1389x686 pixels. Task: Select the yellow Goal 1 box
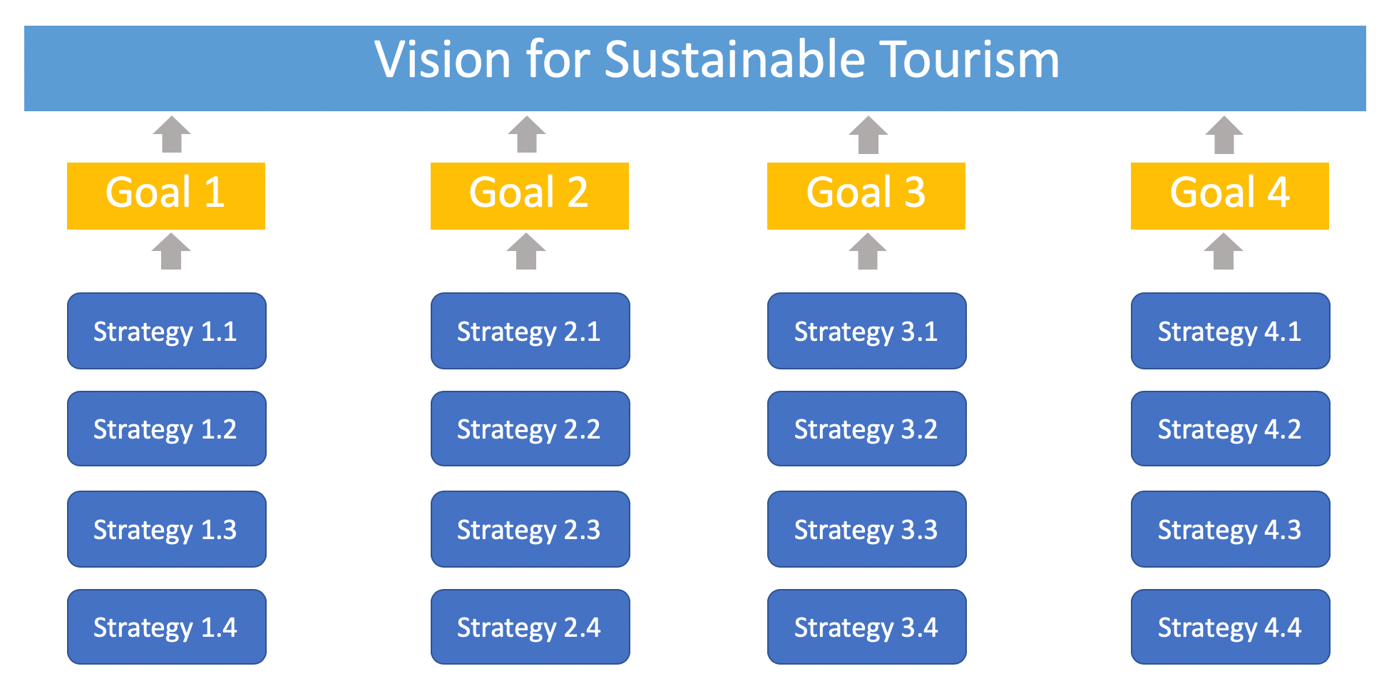coord(166,195)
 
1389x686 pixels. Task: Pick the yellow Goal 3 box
coord(866,195)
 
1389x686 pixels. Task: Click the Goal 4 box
coord(1229,195)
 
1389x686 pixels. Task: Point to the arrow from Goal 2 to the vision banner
coord(527,135)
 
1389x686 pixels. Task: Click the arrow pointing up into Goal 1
coord(171,252)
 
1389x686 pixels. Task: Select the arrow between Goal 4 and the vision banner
coord(1224,135)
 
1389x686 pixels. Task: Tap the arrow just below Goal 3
coord(868,252)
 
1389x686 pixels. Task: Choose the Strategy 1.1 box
coord(166,331)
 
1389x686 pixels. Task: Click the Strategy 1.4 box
coord(166,627)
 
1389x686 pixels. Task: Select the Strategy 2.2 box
coord(530,429)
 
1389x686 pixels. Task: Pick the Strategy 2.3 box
coord(530,529)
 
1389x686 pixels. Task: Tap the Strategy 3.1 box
coord(866,331)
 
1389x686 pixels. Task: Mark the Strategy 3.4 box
coord(866,627)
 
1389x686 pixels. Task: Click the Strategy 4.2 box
coord(1230,429)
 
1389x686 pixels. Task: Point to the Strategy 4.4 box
coord(1230,627)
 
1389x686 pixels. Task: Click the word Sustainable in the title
coord(734,60)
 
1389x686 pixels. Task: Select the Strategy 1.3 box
coord(166,529)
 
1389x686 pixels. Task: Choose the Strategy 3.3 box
coord(866,529)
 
